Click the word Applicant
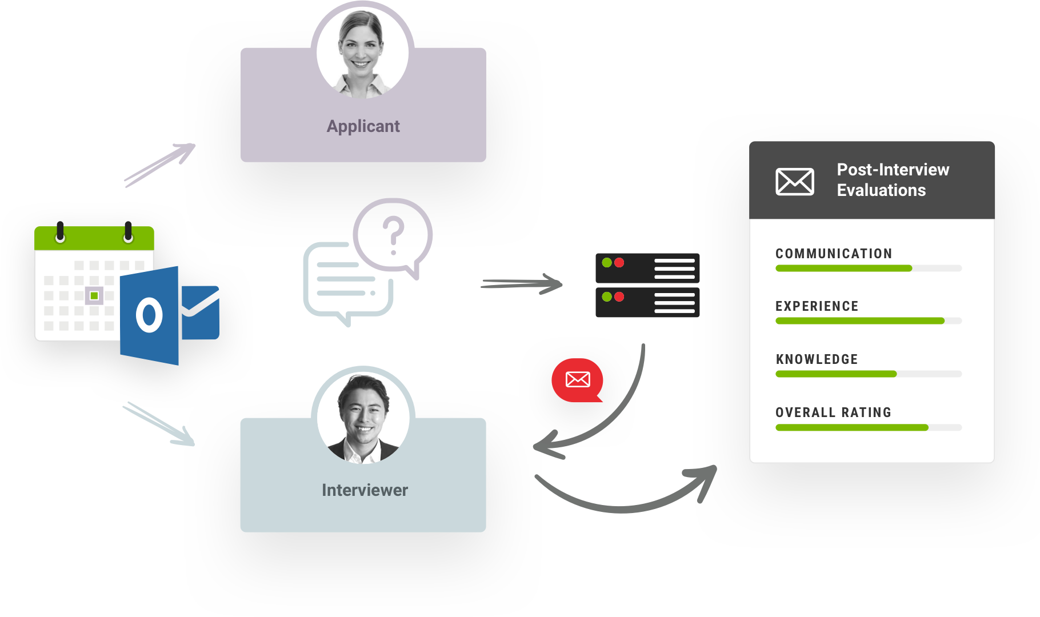pyautogui.click(x=363, y=126)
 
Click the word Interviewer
pyautogui.click(x=365, y=490)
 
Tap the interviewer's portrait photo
pyautogui.click(x=363, y=417)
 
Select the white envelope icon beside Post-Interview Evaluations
pyautogui.click(x=794, y=182)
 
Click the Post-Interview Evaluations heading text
pyautogui.click(x=892, y=179)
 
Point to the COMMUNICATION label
pyautogui.click(x=833, y=254)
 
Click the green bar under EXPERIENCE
pyautogui.click(x=859, y=321)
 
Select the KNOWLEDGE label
pyautogui.click(x=817, y=359)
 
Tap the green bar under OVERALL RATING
pyautogui.click(x=851, y=427)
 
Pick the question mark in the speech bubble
pyautogui.click(x=393, y=234)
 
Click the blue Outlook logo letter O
pyautogui.click(x=149, y=315)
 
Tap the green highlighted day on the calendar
pyautogui.click(x=94, y=295)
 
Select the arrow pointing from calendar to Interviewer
pyautogui.click(x=159, y=424)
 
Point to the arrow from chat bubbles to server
pyautogui.click(x=521, y=284)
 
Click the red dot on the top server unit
pyautogui.click(x=619, y=263)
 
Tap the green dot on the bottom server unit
pyautogui.click(x=607, y=297)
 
